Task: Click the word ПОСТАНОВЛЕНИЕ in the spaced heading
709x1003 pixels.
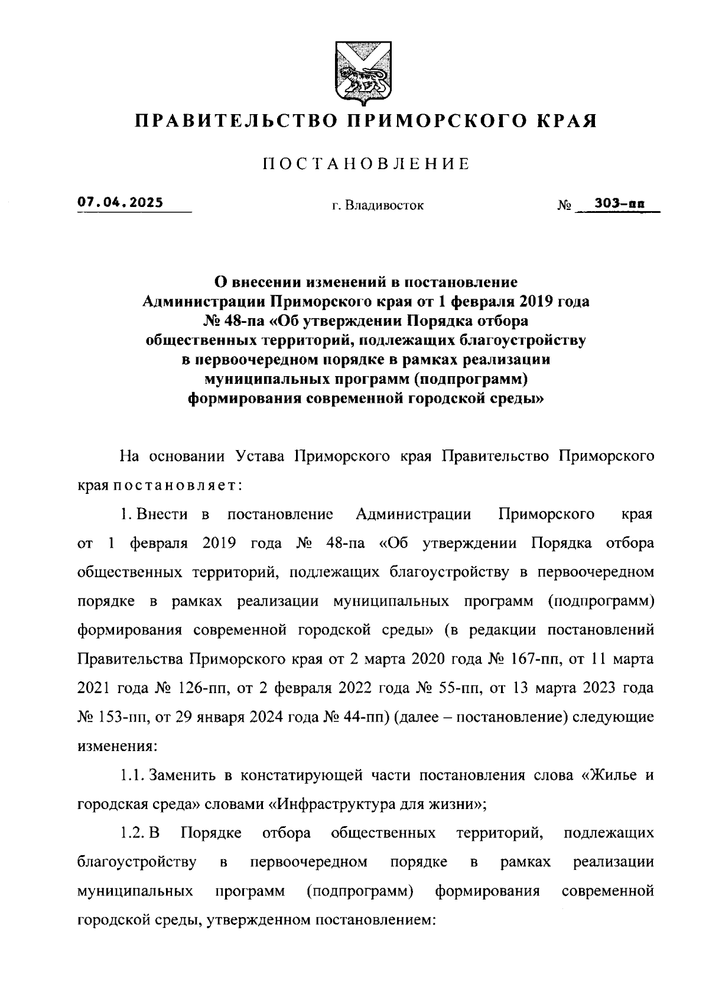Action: click(x=366, y=164)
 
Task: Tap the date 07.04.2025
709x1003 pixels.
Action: click(x=120, y=202)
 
